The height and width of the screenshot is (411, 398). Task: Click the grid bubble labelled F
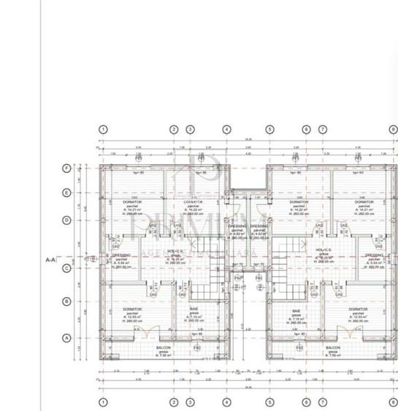coord(67,168)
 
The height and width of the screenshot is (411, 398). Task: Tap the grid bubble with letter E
coord(67,193)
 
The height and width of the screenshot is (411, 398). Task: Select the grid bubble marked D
coord(67,220)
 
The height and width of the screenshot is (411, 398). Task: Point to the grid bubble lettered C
coord(67,268)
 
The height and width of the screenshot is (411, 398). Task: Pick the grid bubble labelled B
coord(67,301)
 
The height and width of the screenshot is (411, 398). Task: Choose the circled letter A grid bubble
coord(67,337)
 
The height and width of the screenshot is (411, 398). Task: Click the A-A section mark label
coord(50,259)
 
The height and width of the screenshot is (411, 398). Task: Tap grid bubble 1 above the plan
coord(103,128)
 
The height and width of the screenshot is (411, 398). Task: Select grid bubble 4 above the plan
coord(227,128)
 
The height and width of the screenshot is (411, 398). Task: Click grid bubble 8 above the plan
coord(393,128)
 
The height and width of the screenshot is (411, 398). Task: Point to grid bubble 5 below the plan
coord(269,402)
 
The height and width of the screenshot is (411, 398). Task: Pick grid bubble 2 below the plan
coord(174,402)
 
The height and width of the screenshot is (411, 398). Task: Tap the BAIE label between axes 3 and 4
coord(194,313)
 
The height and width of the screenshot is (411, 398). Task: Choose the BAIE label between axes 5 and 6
coord(296,313)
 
